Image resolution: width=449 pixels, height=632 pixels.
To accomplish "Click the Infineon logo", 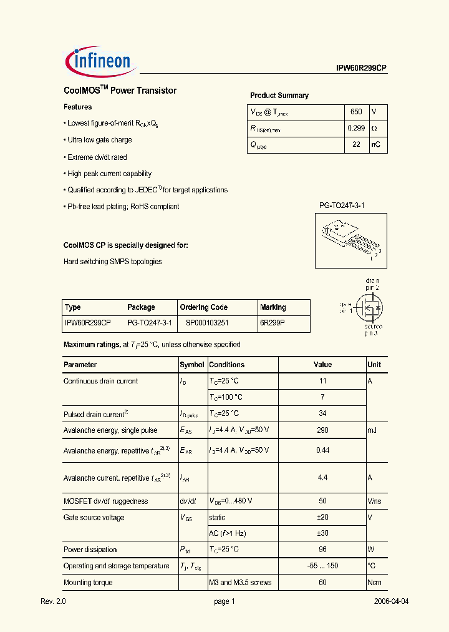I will (x=98, y=61).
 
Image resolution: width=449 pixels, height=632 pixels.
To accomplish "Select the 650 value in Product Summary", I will (x=356, y=112).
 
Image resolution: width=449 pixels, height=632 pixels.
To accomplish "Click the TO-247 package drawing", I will (x=349, y=237).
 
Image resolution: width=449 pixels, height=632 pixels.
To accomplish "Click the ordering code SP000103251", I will (x=207, y=323).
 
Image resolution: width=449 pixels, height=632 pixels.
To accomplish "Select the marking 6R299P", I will (x=272, y=323).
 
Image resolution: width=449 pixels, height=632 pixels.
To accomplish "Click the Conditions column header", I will (x=226, y=365).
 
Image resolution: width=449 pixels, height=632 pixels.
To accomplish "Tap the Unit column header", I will (x=374, y=365).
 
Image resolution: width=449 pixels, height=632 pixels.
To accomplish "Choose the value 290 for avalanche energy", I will (x=322, y=430).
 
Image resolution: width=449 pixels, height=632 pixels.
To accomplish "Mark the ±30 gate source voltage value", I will (x=322, y=533).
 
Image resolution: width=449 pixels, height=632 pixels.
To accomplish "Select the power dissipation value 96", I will (x=322, y=550).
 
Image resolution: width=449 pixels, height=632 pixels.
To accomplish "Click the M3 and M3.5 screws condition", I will (x=240, y=583).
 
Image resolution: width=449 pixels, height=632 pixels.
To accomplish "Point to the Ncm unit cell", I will (x=375, y=583).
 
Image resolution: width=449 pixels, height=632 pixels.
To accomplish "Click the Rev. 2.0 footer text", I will (x=53, y=601).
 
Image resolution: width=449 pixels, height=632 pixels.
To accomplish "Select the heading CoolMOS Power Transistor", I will (x=120, y=91).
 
